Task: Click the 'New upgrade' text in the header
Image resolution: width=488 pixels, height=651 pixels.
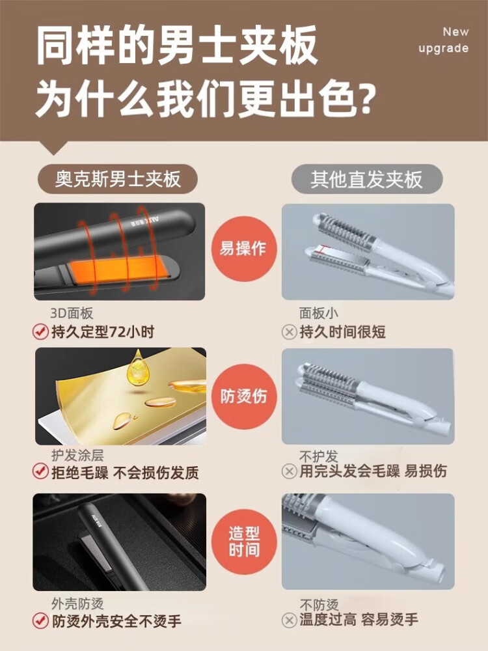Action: coord(444,40)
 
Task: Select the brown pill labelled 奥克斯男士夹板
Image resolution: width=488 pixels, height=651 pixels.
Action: coord(118,180)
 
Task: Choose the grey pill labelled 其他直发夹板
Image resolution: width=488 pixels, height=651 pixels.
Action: coord(367,180)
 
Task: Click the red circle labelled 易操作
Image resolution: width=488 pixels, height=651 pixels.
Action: coord(243,249)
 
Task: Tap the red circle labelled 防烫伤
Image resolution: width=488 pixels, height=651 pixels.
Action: coord(243,396)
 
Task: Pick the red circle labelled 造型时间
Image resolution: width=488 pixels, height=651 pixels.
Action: coord(243,542)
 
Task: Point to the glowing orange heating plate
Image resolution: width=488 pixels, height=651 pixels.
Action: coord(120,270)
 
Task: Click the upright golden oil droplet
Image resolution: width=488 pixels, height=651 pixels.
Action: coord(137,367)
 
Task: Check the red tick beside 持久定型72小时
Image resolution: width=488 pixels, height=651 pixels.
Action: coord(40,332)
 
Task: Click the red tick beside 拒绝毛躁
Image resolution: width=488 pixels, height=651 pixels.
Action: coord(40,471)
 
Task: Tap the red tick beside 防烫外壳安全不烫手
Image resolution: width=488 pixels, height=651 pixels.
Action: coord(40,620)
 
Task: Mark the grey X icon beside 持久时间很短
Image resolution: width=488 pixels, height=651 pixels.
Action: coord(290,332)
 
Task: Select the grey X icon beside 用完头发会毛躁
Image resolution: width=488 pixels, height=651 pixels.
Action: coord(290,471)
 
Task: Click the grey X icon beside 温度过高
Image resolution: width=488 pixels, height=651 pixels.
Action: coord(290,620)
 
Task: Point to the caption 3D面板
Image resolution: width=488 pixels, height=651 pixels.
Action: coord(72,313)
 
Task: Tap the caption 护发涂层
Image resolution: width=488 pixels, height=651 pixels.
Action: coord(77,456)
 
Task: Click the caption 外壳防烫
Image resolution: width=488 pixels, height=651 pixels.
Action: coord(77,603)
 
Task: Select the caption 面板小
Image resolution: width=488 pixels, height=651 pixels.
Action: coord(319,313)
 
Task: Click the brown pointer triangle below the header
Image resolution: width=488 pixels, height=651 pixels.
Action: coord(53,146)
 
